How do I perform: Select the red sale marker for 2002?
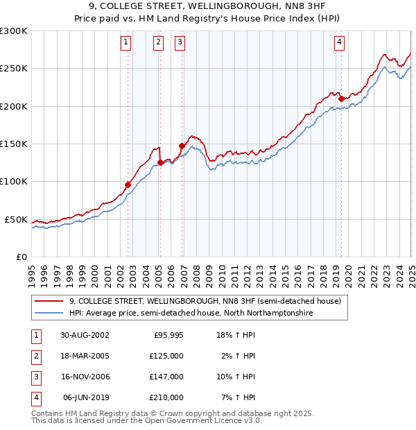coord(128,184)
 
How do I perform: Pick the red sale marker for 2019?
coord(341,98)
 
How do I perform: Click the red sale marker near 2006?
coord(182,146)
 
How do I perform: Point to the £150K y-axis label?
coord(15,144)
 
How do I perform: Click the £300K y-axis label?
coord(13,31)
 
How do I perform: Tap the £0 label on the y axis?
coord(22,257)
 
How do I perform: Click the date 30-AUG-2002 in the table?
coord(85,334)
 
